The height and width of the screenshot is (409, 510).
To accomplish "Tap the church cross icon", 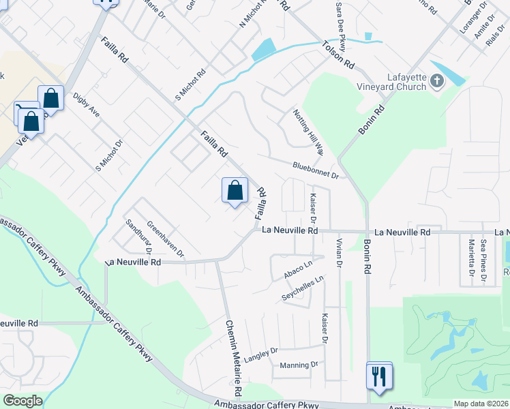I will tap(437, 82).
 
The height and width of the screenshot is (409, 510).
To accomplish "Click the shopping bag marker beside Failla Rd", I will tap(235, 190).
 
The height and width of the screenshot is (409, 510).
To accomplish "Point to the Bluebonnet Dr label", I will tap(316, 170).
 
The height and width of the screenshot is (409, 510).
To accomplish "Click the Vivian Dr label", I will tap(339, 252).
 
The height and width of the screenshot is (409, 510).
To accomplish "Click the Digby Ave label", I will tap(86, 105).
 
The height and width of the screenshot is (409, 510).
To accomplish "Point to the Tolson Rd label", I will tap(339, 56).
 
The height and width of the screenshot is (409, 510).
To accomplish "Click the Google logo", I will tap(23, 401).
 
